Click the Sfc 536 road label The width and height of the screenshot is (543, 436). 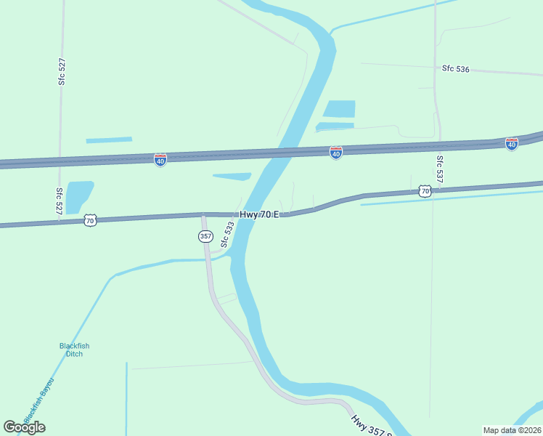point(456,69)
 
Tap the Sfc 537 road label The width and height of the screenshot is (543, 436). point(440,168)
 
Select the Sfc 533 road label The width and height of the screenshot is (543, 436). point(227,235)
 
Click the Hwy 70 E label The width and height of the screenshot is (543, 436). point(259,214)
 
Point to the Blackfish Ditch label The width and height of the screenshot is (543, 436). point(74,350)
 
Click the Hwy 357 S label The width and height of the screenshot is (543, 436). point(370,426)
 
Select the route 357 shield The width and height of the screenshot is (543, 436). point(205,236)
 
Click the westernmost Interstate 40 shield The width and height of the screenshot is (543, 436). point(160,158)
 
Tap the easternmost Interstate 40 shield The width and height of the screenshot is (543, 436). point(512,144)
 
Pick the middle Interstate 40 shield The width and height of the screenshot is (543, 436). point(335,153)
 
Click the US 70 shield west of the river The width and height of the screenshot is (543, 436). point(89,219)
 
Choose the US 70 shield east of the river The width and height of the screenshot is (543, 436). point(425,191)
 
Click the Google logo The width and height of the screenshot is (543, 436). point(24,427)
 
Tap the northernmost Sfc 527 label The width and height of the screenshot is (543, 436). point(62,71)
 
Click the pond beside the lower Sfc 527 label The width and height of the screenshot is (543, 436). point(79,196)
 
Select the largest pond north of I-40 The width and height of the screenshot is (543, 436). point(339,109)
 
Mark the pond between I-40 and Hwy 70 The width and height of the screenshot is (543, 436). point(232,176)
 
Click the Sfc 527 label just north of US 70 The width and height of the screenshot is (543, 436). point(60,201)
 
